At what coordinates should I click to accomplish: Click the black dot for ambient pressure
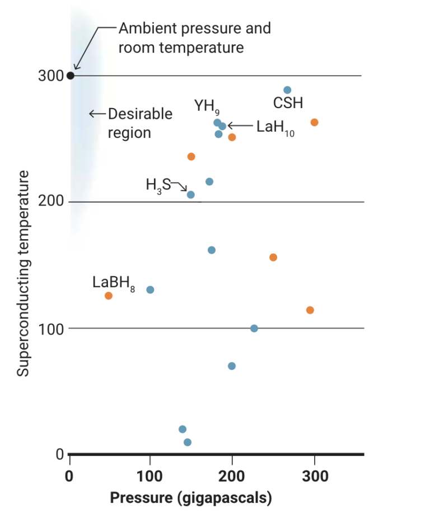tap(70, 76)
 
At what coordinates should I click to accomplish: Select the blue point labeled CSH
tap(287, 90)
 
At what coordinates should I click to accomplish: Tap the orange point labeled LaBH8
tap(109, 296)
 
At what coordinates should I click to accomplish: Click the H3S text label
tap(158, 185)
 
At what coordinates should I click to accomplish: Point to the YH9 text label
tap(207, 106)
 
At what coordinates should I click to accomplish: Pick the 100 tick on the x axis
tap(150, 477)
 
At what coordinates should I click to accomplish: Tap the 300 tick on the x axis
tap(315, 477)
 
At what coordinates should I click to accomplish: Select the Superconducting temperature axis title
tap(22, 274)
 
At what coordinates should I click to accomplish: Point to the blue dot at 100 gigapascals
tap(150, 290)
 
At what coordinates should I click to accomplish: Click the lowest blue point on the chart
tap(188, 442)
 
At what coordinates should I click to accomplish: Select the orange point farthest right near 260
tap(314, 123)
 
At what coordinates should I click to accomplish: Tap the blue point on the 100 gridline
tap(254, 328)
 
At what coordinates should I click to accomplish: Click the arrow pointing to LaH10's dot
tap(240, 126)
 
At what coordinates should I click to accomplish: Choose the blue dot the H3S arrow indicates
tap(190, 194)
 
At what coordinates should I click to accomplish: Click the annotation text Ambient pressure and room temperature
tap(194, 38)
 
